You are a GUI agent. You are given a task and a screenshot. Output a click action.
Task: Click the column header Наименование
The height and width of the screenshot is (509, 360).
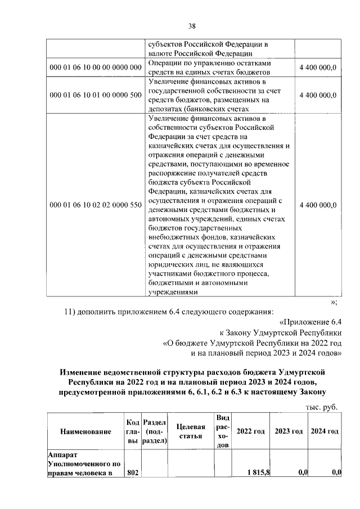pyautogui.click(x=83, y=431)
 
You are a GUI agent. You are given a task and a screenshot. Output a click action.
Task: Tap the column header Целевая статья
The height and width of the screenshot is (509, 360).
pyautogui.click(x=192, y=431)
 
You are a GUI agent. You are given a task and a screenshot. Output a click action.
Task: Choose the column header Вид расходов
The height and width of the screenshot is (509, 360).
pyautogui.click(x=223, y=431)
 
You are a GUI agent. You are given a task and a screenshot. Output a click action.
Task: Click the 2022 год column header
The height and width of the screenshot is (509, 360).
pyautogui.click(x=251, y=431)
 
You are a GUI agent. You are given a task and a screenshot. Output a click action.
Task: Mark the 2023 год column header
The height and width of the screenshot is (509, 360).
pyautogui.click(x=289, y=431)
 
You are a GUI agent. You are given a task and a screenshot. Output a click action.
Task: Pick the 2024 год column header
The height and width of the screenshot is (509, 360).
pyautogui.click(x=326, y=431)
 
